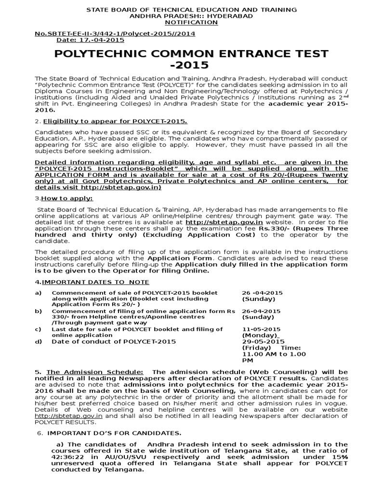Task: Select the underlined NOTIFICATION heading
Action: point(185,22)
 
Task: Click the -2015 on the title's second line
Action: point(185,65)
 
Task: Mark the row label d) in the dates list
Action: point(38,341)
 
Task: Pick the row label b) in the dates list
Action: point(38,311)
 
